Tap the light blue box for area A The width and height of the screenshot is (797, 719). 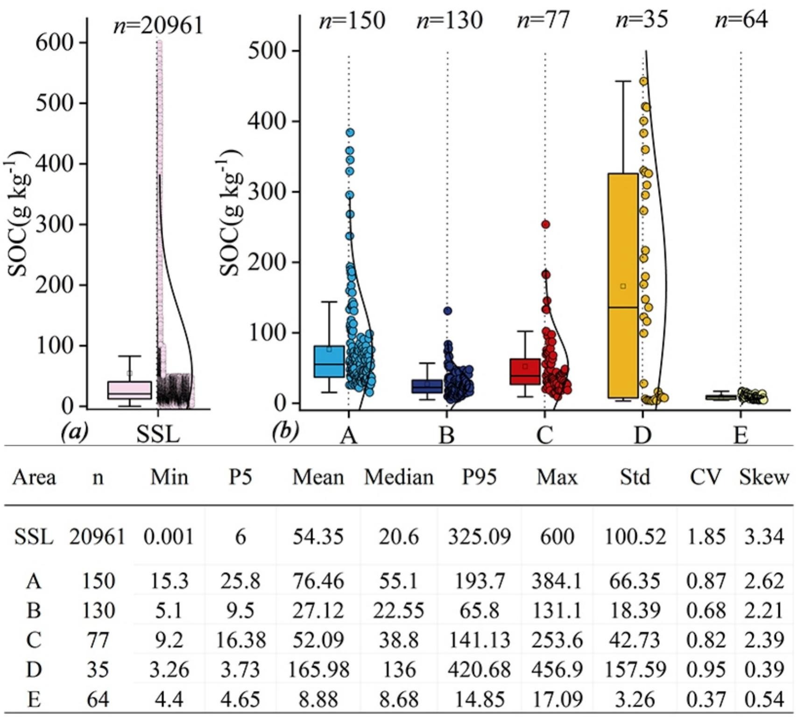[329, 361]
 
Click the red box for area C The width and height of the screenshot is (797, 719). [525, 372]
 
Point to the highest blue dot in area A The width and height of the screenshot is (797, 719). [350, 133]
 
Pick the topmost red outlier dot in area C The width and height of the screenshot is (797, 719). [545, 225]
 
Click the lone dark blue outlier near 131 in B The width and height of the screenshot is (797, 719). [448, 311]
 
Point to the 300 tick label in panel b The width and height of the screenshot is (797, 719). [267, 192]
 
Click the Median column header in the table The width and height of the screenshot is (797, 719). [399, 477]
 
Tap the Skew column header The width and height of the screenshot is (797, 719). [764, 477]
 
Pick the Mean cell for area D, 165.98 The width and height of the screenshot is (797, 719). [318, 670]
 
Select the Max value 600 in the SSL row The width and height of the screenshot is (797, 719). [557, 536]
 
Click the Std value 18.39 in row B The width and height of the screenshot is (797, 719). [635, 610]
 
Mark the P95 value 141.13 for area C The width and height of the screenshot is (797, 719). [480, 640]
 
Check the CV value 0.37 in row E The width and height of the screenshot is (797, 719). [705, 699]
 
